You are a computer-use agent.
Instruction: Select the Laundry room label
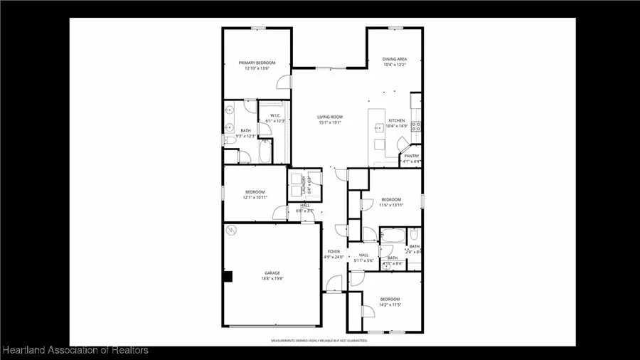[x=304, y=185]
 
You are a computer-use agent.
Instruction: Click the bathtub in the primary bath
[x=265, y=152]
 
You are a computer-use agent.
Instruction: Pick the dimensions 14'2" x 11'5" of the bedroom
[x=390, y=305]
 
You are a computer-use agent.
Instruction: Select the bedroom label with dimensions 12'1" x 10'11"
[x=255, y=195]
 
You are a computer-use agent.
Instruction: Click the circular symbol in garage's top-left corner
[x=232, y=231]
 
